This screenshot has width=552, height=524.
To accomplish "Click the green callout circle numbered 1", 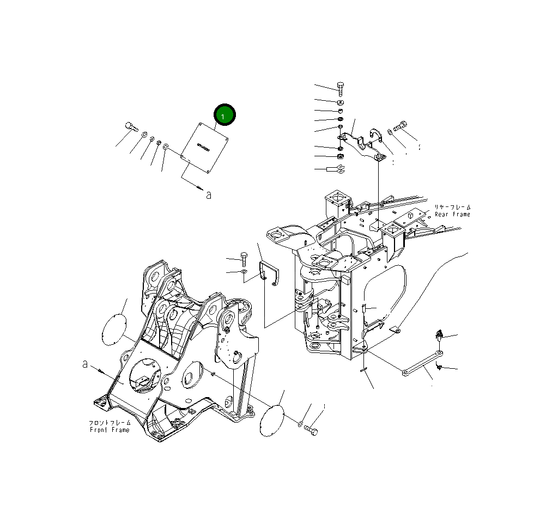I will pos(224,115).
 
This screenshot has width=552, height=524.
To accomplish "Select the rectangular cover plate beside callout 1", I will pos(204,147).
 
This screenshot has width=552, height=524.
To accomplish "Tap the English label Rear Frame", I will pos(452,215).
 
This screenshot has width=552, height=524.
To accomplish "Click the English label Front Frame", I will pos(110,430).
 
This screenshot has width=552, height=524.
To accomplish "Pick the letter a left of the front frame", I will pos(85,364).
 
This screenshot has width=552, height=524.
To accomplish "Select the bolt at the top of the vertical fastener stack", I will pos(340,88).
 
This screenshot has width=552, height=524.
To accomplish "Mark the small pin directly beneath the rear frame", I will pos(362,370).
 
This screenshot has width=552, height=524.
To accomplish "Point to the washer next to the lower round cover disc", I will pos(300,422).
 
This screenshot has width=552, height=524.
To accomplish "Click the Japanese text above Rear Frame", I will pos(452,207).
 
